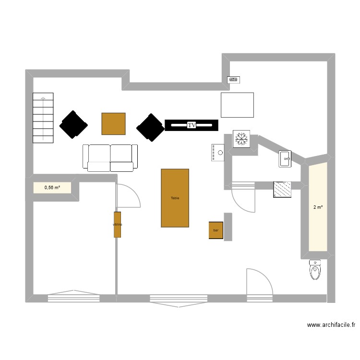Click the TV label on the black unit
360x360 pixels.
(192, 125)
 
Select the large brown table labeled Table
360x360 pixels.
(175, 198)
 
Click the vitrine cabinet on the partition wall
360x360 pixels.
(117, 224)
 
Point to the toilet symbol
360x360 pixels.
(315, 270)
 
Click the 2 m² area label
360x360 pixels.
(318, 207)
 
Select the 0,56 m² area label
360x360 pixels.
(52, 188)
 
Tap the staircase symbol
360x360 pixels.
(43, 118)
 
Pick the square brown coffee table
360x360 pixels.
(113, 123)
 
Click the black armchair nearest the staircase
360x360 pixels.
(73, 125)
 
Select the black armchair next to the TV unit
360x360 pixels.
(150, 127)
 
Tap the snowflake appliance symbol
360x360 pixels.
(241, 139)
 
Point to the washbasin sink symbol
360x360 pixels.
(285, 158)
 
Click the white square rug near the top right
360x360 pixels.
(237, 105)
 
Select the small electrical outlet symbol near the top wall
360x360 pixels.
(233, 80)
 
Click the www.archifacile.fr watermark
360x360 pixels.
(331, 325)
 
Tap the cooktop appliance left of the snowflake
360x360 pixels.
(217, 153)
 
